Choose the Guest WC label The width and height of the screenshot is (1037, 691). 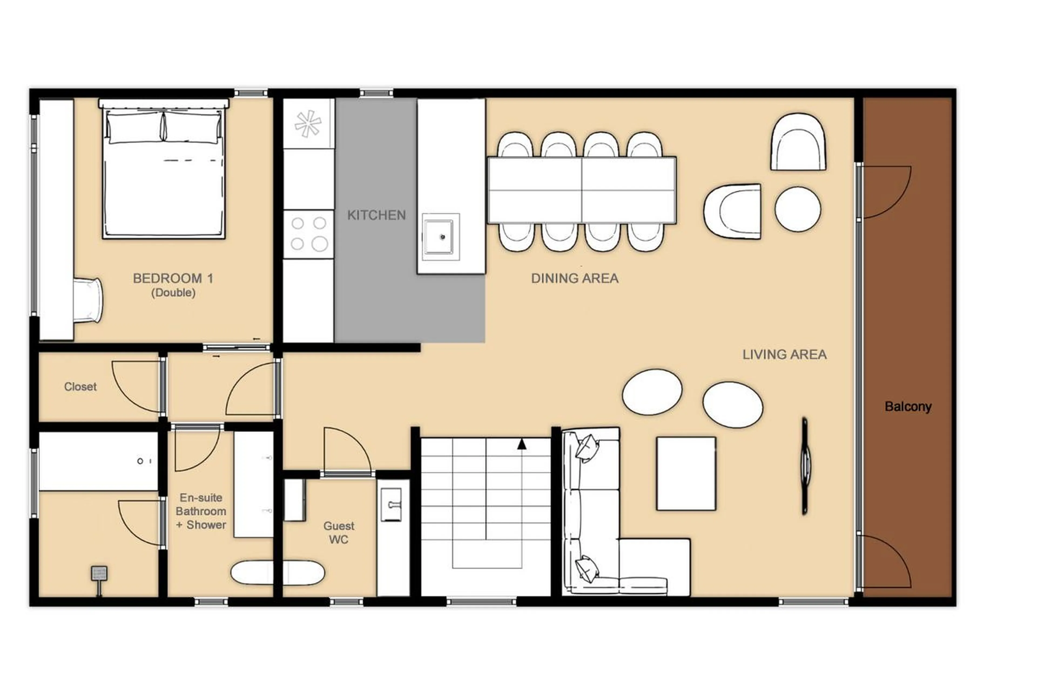pos(338,532)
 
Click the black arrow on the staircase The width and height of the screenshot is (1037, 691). pos(521,444)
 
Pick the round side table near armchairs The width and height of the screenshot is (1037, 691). pos(797,209)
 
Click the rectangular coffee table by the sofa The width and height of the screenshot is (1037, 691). pos(686,473)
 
